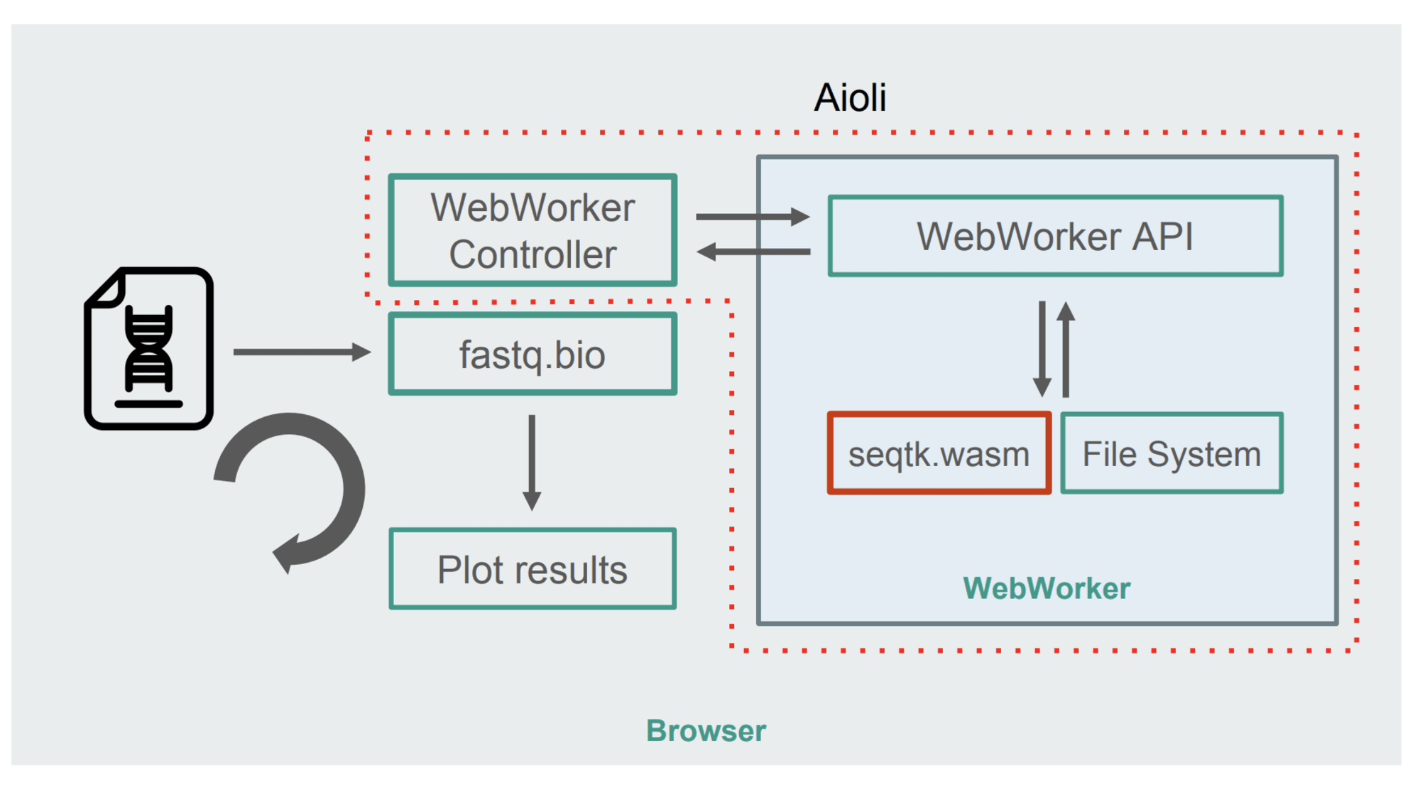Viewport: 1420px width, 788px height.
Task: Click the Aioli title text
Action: pos(850,97)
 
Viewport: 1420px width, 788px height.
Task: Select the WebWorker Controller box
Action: pos(532,230)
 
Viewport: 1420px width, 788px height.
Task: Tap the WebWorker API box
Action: pos(1055,236)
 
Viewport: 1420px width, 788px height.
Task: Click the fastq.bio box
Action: pos(532,354)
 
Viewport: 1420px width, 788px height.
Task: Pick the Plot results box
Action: pos(532,569)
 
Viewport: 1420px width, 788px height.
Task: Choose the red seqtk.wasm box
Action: pos(939,453)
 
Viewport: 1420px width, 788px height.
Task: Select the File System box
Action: pos(1171,453)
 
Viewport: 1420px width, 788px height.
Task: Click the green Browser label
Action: pos(706,730)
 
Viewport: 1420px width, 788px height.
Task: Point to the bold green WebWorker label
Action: pos(1047,588)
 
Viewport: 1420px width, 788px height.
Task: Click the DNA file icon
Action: pos(149,348)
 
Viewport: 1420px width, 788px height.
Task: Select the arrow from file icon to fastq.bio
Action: pos(302,352)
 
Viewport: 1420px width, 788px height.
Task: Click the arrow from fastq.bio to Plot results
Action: pos(532,462)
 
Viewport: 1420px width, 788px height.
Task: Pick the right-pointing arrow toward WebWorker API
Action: pos(753,216)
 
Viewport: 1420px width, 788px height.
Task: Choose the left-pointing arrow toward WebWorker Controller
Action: pos(753,252)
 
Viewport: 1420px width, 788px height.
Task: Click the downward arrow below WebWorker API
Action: pos(1042,348)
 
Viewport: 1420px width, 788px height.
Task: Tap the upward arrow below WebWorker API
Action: pos(1066,348)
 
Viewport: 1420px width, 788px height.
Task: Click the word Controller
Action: pos(532,254)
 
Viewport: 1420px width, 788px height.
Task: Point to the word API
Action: pos(1162,236)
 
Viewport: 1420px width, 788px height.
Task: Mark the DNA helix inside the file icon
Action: pos(149,348)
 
